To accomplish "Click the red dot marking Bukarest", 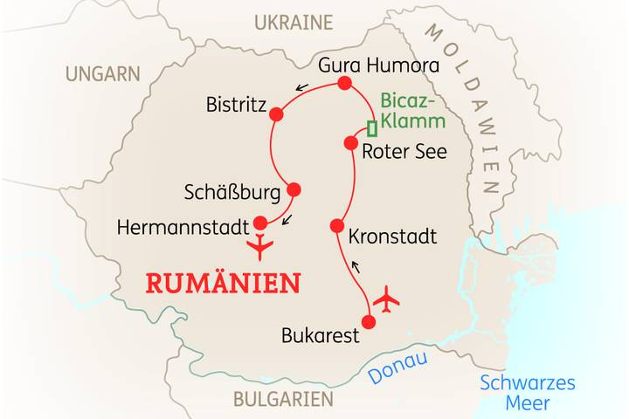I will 368,322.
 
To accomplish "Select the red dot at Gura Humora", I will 343,84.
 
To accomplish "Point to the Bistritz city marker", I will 277,114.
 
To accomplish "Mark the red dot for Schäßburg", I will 294,189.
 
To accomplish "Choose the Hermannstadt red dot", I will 259,222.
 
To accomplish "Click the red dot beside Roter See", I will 351,142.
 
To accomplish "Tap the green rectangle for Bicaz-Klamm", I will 372,128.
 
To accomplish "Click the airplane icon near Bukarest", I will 385,299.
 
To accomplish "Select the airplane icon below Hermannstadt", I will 260,247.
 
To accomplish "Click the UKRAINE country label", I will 293,22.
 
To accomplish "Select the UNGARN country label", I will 102,72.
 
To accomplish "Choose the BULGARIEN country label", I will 282,399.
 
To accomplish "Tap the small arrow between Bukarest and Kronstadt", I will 355,265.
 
